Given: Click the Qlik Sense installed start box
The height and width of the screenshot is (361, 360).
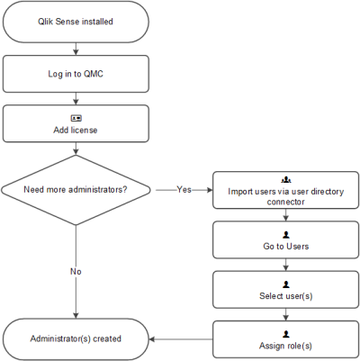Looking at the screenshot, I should click(x=76, y=22).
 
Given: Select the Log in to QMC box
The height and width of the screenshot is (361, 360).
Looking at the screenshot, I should click(x=76, y=74).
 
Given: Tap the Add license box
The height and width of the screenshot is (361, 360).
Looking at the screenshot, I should click(x=76, y=124).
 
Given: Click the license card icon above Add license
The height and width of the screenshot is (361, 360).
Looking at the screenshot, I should click(x=76, y=118).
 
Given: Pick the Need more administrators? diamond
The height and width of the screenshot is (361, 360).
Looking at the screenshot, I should click(x=76, y=190).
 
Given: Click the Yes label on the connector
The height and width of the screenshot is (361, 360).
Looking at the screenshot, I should click(x=184, y=190).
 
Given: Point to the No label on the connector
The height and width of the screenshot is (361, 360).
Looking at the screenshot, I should click(x=76, y=270).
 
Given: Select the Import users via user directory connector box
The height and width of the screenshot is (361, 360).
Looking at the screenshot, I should click(x=285, y=190).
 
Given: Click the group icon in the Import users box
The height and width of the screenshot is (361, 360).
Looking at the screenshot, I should click(x=285, y=181).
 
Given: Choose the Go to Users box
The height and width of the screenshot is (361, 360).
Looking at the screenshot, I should click(x=285, y=239).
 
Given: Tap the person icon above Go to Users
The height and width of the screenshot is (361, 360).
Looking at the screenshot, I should click(x=285, y=233).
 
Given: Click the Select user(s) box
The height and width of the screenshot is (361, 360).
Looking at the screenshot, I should click(x=285, y=289).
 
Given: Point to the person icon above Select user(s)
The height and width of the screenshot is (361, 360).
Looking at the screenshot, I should click(x=285, y=283).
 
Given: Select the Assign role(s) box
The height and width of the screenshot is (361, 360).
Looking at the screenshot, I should click(x=285, y=338).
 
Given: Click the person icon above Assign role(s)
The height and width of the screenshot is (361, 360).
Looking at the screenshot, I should click(x=285, y=332).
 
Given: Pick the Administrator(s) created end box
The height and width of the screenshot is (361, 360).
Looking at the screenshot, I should click(x=76, y=338).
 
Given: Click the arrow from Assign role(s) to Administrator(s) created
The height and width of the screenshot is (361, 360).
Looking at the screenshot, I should click(x=180, y=338).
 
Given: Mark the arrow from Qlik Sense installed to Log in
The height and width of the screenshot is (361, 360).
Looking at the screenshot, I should click(x=76, y=49).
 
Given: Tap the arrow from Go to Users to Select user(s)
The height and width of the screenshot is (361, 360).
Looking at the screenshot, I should click(x=285, y=264).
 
